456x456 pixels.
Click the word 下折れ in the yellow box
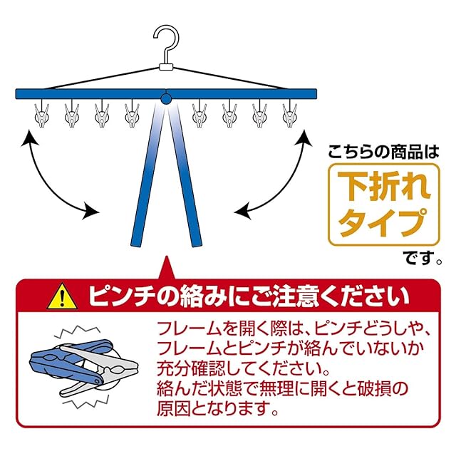click(383, 185)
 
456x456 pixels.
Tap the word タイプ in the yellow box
click(383, 222)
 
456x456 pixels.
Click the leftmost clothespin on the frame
click(41, 115)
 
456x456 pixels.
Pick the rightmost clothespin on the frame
click(290, 115)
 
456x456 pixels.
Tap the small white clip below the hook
click(167, 68)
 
